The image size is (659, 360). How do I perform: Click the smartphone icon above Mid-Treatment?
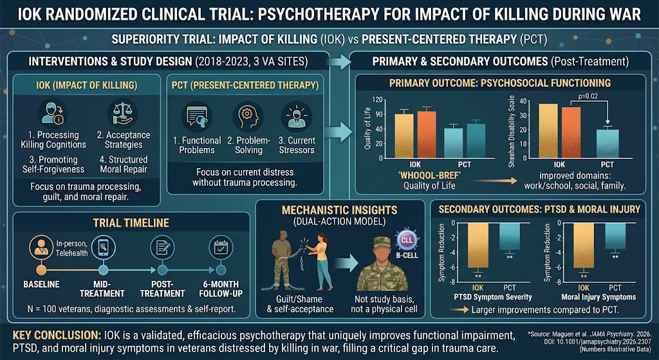click(x=103, y=247)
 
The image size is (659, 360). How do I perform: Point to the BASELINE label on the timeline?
click(x=41, y=284)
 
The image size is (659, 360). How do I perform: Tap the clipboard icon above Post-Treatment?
click(x=162, y=247)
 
